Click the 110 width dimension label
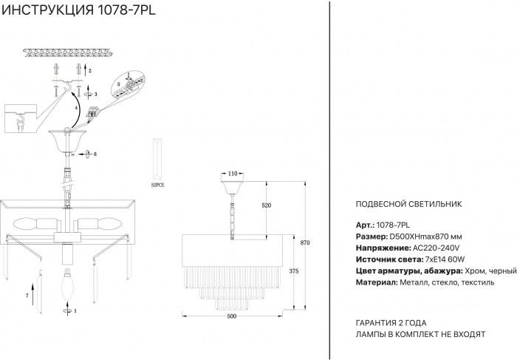click(x=233, y=174)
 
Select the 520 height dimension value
click(x=266, y=206)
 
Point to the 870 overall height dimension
click(x=305, y=242)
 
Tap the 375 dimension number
click(x=293, y=271)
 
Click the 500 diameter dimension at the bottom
click(x=232, y=316)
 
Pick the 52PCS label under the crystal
click(x=157, y=185)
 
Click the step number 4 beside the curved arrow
click(x=76, y=108)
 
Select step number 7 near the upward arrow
click(x=27, y=296)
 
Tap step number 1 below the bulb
click(x=75, y=310)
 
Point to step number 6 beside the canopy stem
click(x=95, y=154)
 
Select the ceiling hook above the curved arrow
click(x=69, y=86)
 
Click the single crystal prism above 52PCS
click(x=157, y=159)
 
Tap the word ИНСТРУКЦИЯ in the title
click(x=48, y=10)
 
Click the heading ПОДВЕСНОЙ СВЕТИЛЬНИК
click(x=409, y=204)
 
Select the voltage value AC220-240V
click(x=436, y=248)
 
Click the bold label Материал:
click(x=377, y=282)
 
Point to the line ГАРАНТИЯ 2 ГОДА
click(x=391, y=323)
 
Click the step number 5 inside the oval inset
click(x=119, y=84)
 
